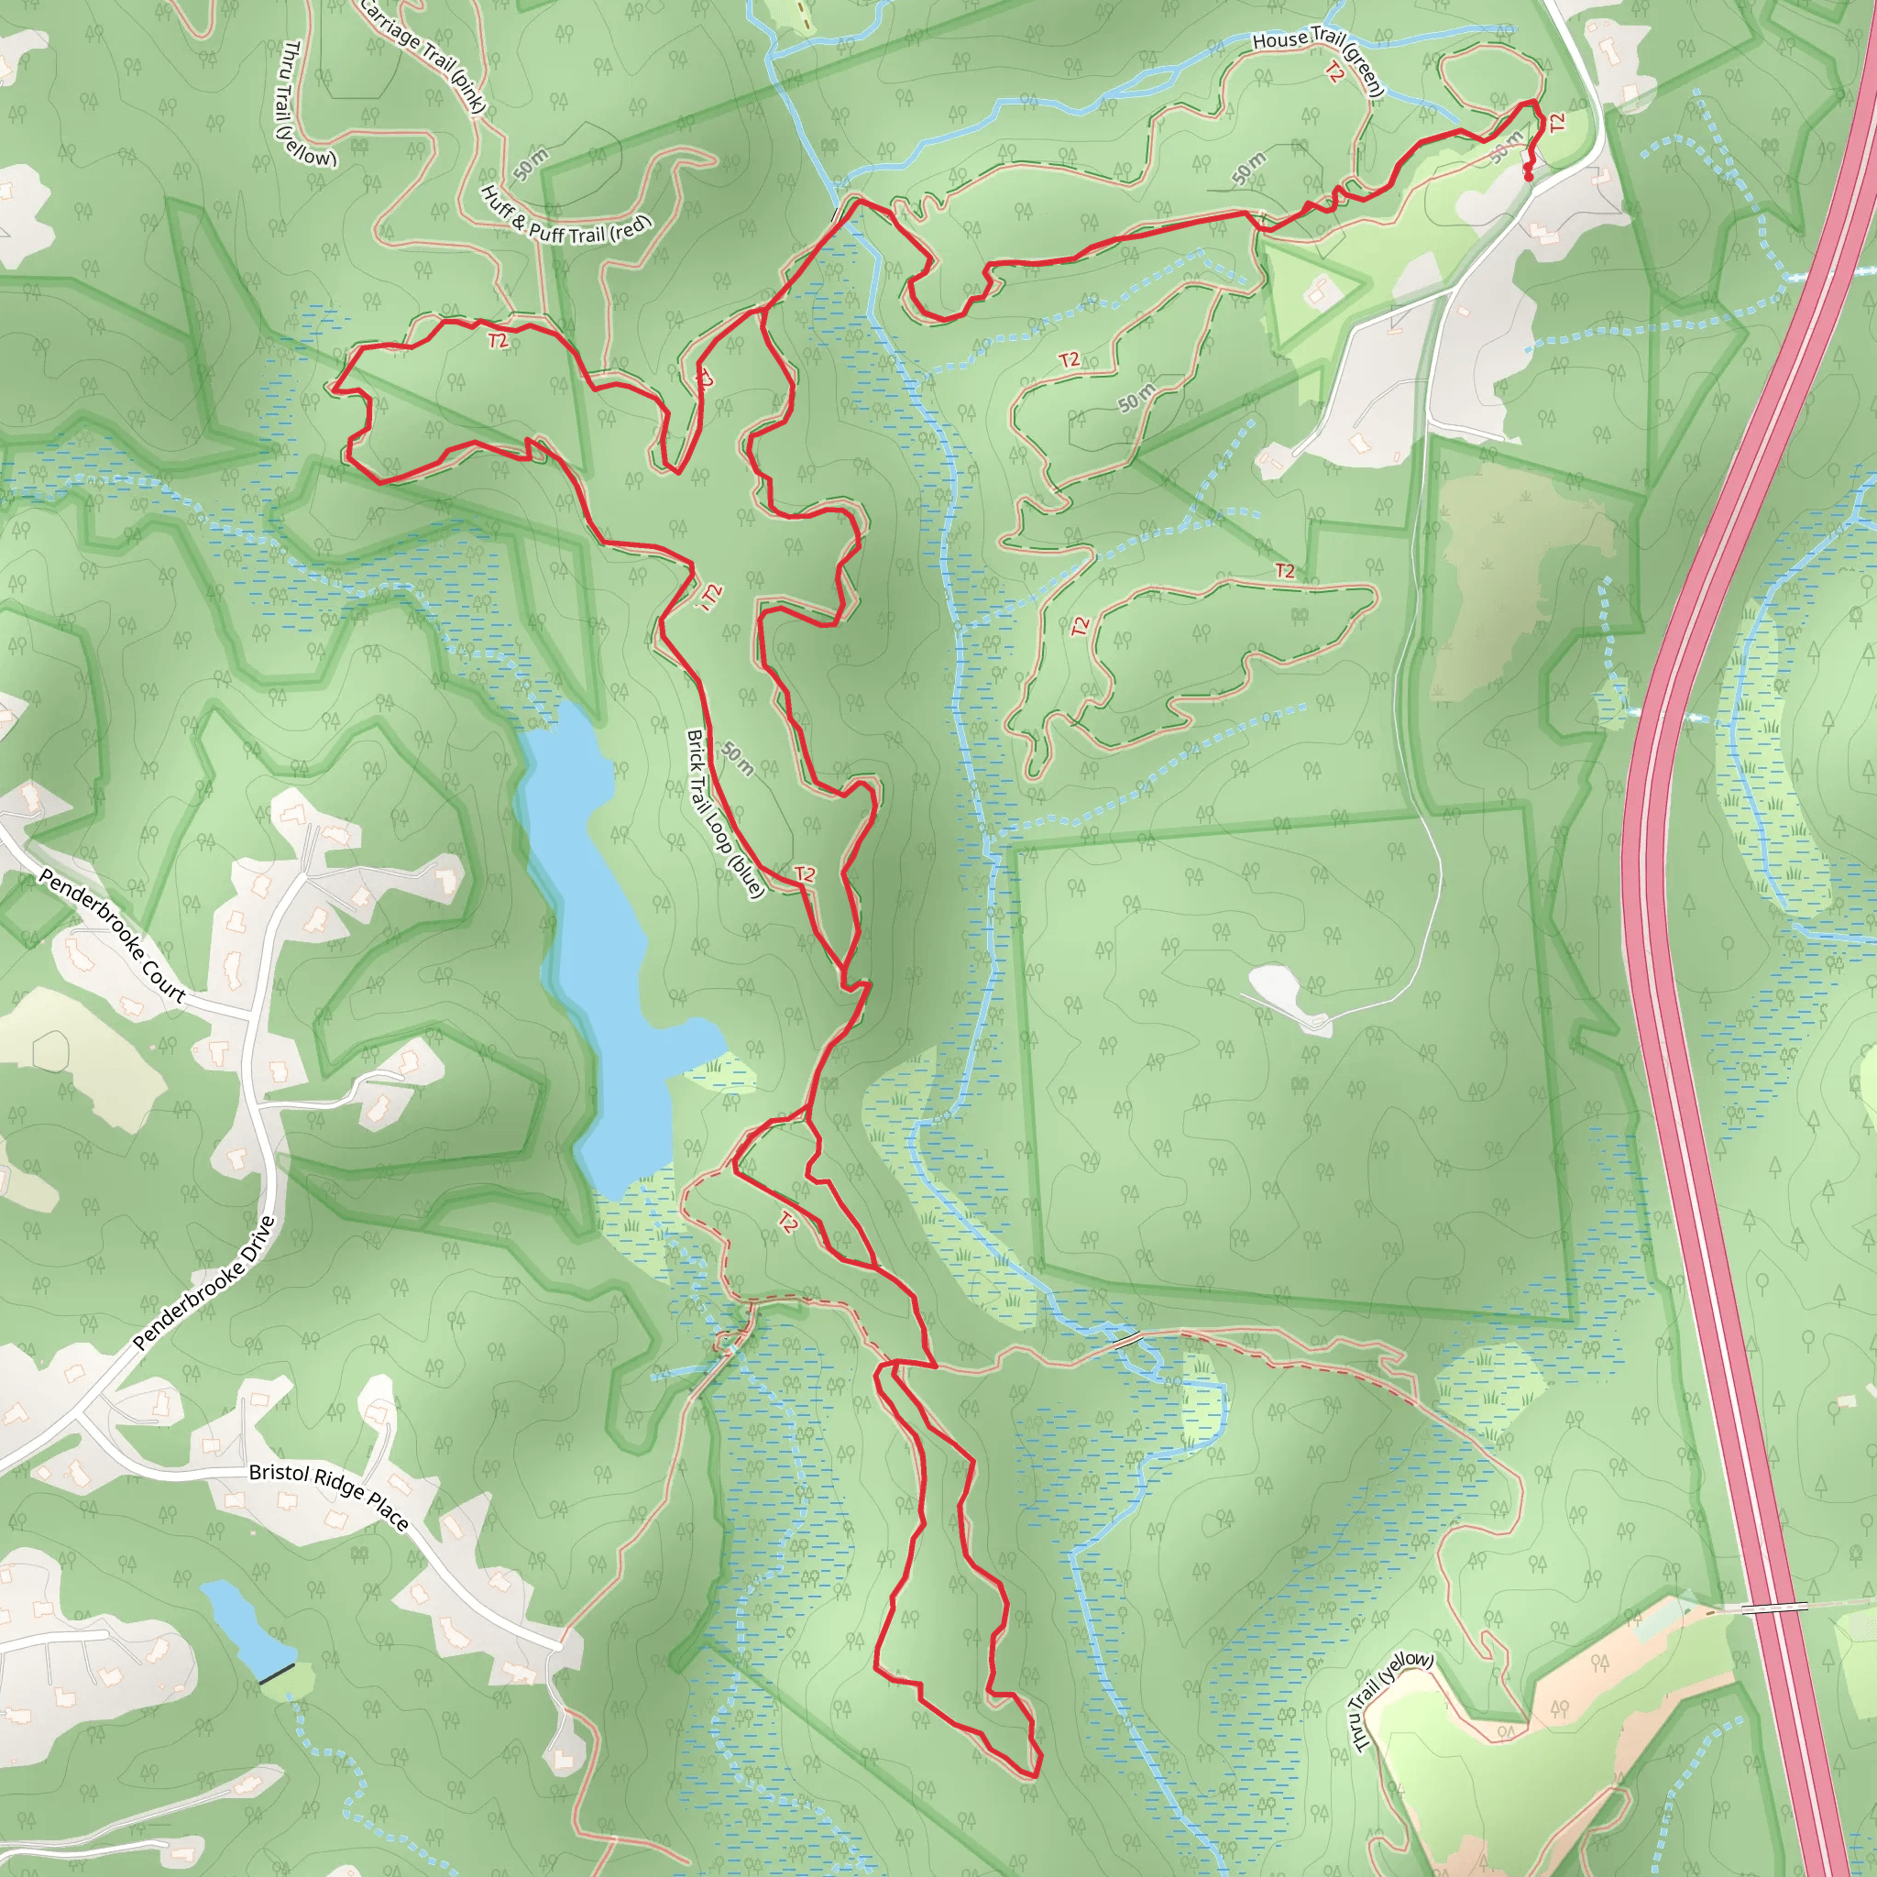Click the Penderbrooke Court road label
pos(112,935)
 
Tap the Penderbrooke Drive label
pos(204,1283)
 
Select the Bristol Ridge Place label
pos(328,1498)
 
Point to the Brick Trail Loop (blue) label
pos(725,814)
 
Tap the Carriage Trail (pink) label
pos(422,53)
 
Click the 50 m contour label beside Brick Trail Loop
pos(738,758)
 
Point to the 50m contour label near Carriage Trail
pos(531,165)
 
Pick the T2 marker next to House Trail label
pos(1334,71)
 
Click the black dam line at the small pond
pos(277,1673)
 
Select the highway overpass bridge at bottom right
pos(1773,1608)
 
